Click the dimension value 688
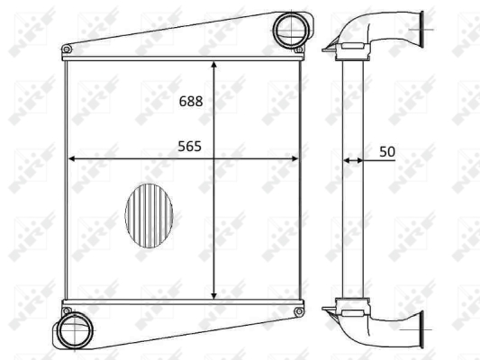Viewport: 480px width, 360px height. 191,101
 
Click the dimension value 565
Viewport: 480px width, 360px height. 189,147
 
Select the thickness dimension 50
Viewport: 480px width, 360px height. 387,152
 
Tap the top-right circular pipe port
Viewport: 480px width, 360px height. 291,30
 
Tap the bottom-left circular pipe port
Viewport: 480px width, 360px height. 75,330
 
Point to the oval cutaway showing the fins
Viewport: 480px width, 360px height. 149,216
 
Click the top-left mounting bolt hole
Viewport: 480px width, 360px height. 67,49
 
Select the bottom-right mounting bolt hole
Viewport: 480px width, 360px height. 299,311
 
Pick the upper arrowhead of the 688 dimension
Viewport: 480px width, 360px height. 214,65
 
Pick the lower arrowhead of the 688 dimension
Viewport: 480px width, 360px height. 214,295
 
